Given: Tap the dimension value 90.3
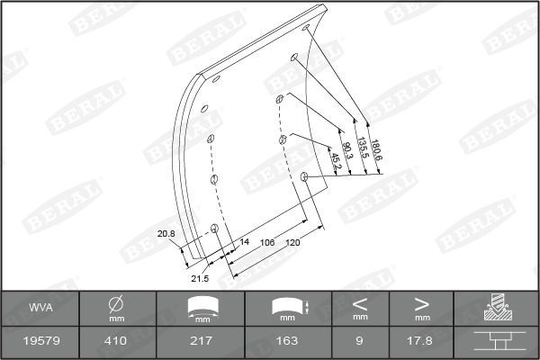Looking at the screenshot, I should click(x=348, y=155).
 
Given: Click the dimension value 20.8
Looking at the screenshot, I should click(x=166, y=234).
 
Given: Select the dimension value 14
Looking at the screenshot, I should click(x=244, y=243).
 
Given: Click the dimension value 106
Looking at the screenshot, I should click(x=267, y=243).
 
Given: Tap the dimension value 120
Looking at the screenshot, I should click(x=292, y=243).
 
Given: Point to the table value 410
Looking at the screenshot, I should click(x=116, y=342).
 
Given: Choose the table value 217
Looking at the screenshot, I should click(x=201, y=342).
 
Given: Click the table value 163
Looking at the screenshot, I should click(x=286, y=342).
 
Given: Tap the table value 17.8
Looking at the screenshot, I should click(x=421, y=342).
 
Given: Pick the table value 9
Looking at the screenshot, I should click(x=360, y=342).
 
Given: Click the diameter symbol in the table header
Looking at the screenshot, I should click(x=116, y=302).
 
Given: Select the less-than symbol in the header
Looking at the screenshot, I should click(x=360, y=302).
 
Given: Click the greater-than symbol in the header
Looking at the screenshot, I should click(x=421, y=302).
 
